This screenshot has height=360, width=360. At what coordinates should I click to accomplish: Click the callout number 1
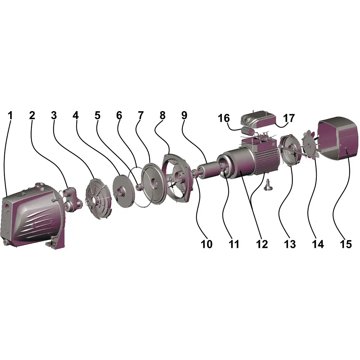[10, 115]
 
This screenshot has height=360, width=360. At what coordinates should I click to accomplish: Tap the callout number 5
[98, 115]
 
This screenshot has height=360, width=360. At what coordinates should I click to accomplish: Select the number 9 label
[184, 115]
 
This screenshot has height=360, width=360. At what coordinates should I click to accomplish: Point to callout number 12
[262, 244]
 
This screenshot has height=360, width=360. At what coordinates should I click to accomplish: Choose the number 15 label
[346, 244]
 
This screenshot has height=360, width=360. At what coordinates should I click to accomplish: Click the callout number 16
[224, 118]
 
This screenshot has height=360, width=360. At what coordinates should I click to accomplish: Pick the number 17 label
[289, 118]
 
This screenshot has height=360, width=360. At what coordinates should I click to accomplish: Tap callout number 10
[207, 244]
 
